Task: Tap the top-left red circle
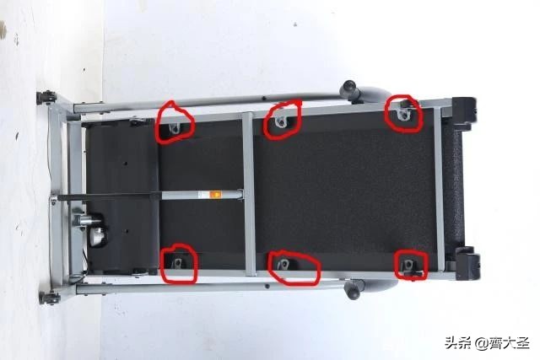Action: tap(158, 124)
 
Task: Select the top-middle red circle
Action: tap(265, 122)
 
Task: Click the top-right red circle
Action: tap(386, 114)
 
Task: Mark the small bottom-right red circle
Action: tap(396, 265)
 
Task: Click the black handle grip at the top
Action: tap(348, 89)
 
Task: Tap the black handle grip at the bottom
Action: tap(354, 290)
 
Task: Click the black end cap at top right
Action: tap(463, 110)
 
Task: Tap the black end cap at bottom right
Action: tap(467, 263)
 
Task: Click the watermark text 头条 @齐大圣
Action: tap(487, 343)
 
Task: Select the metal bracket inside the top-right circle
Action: tap(403, 115)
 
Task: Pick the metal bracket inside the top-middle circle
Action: tap(282, 121)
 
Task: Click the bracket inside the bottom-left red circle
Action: tap(178, 264)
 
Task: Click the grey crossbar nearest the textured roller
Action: tap(439, 189)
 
